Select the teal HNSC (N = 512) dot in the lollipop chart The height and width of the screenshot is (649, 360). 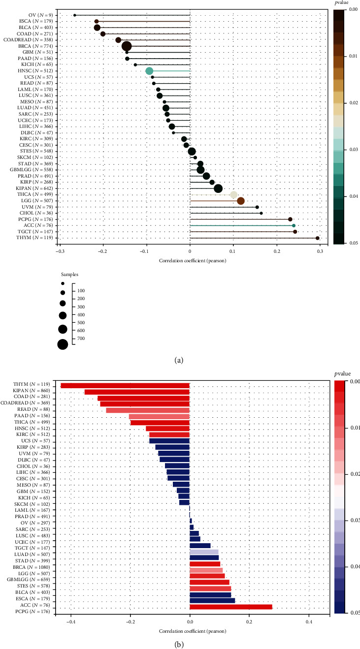click(149, 71)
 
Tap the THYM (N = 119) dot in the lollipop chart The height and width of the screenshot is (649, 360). click(318, 238)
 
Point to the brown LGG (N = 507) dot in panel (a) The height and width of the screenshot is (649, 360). click(241, 201)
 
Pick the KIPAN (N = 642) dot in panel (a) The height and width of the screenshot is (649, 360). click(218, 188)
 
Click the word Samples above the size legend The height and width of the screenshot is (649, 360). click(69, 274)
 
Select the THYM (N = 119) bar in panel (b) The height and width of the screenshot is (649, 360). click(125, 385)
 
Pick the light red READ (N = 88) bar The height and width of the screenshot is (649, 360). click(148, 410)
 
